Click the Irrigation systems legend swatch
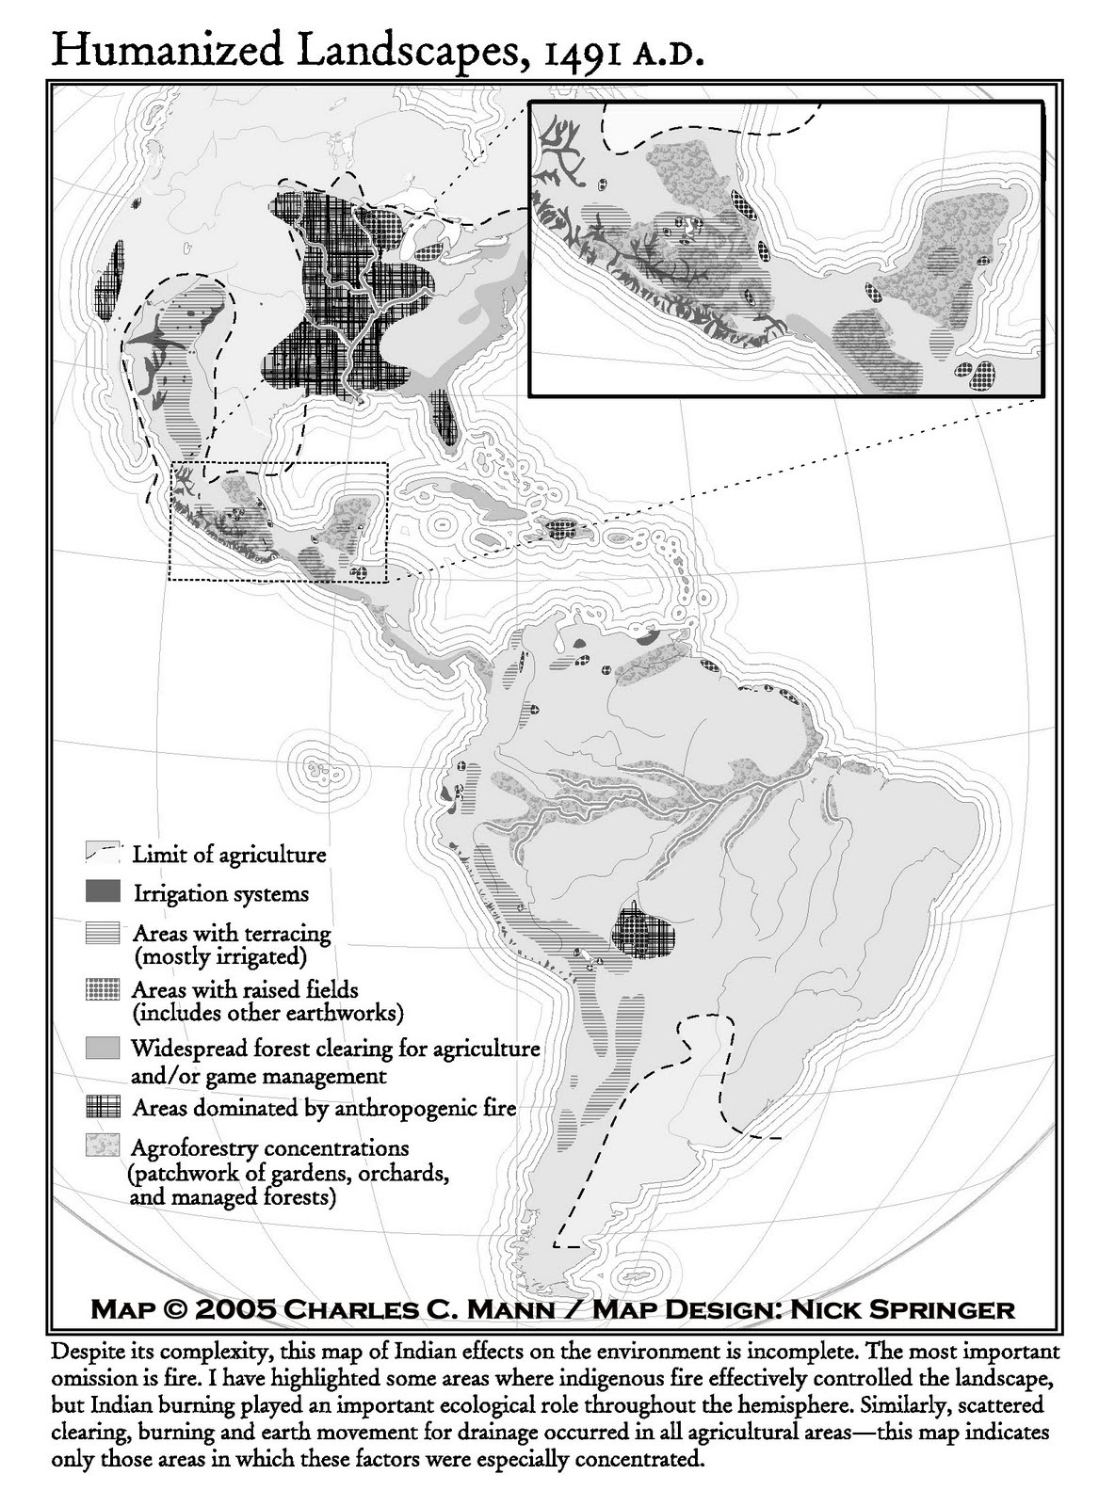pyautogui.click(x=103, y=891)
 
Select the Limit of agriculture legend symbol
pyautogui.click(x=103, y=854)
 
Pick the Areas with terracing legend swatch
pyautogui.click(x=103, y=933)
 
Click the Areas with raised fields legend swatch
pyautogui.click(x=103, y=990)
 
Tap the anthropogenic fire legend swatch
pyautogui.click(x=103, y=1107)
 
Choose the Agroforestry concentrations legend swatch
pyautogui.click(x=103, y=1146)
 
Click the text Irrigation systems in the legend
pyautogui.click(x=220, y=893)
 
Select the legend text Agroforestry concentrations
pyautogui.click(x=270, y=1148)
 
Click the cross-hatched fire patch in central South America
pyautogui.click(x=643, y=934)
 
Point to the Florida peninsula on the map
pyautogui.click(x=443, y=414)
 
